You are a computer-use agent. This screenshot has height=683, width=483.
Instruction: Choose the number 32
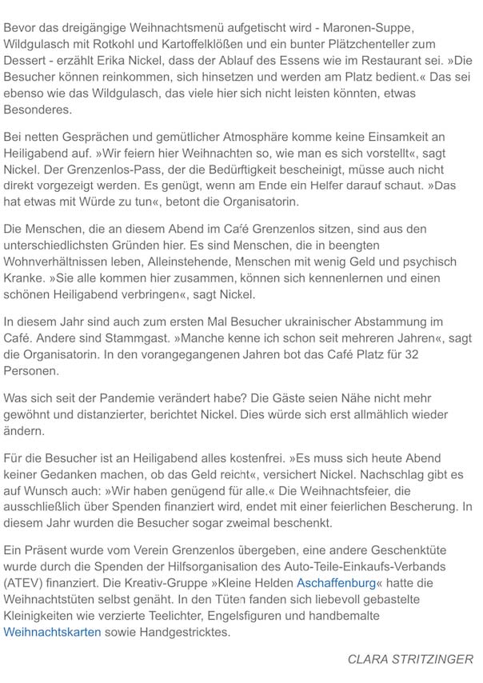466,353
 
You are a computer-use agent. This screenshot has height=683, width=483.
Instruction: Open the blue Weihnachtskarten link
53,631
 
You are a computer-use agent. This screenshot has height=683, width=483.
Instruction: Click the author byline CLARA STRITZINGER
410,659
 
